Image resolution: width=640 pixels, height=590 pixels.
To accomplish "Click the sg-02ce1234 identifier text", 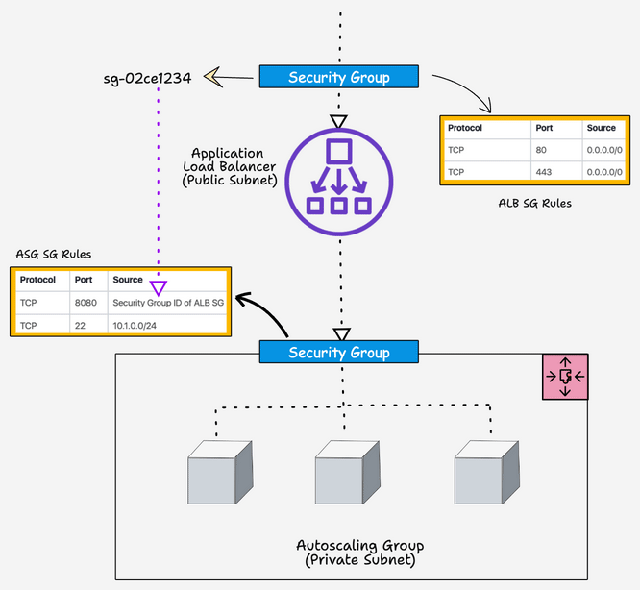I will (147, 78).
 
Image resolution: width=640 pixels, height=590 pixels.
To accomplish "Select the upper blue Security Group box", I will (339, 78).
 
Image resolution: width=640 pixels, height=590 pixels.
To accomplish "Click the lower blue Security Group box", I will (339, 352).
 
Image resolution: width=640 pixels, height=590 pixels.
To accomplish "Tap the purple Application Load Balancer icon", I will (338, 177).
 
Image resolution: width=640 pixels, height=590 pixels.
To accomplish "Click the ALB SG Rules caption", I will (534, 203).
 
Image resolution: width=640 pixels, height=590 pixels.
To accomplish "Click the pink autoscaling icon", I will (564, 376).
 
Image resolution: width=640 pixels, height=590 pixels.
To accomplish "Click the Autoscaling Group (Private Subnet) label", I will (360, 553).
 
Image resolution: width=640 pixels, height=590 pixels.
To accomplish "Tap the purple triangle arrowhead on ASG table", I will (159, 286).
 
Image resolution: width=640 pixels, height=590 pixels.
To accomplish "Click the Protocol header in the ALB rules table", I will (465, 128).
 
